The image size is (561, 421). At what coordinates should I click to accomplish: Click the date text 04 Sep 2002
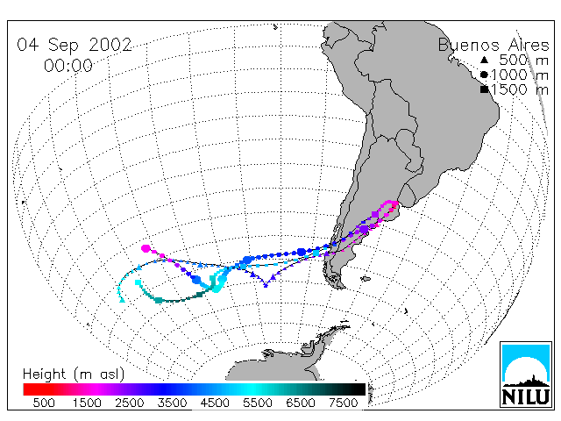coord(75,46)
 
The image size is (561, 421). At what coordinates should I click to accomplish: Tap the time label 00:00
coord(68,66)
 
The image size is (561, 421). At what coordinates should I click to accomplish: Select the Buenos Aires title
coord(494,45)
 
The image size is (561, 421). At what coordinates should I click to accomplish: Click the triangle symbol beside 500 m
coord(484,60)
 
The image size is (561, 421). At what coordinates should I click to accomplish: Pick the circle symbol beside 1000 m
coord(484,75)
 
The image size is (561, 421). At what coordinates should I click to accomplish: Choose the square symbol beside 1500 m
coord(484,89)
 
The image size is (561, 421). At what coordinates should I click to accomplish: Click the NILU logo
coord(526,375)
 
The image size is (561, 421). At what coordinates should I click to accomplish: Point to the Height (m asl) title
coord(74,375)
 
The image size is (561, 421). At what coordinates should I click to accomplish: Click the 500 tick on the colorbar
coord(44,403)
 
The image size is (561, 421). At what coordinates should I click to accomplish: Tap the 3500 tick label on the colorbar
coord(172,403)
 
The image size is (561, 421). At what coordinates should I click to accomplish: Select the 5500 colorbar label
coord(258,403)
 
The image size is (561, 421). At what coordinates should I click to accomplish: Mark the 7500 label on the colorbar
coord(343,403)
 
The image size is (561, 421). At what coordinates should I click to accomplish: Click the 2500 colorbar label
coord(130,403)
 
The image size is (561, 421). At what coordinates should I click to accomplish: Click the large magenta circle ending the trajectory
coord(146,248)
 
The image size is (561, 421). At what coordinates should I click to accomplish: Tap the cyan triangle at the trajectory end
coord(122,300)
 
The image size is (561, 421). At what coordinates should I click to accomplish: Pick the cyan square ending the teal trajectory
coord(138,282)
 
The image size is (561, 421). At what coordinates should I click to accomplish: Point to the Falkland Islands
coord(365,279)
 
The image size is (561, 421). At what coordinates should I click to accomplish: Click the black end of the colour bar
coord(359,389)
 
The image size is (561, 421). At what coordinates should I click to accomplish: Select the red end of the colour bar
coord(29,389)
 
